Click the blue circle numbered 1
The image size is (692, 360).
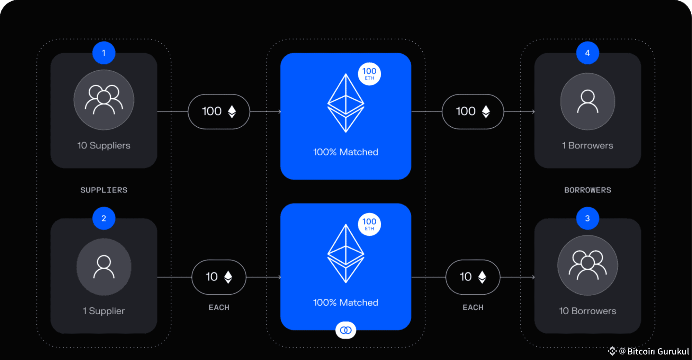(104, 53)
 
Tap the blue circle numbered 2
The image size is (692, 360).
(104, 218)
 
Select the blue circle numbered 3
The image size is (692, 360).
(587, 218)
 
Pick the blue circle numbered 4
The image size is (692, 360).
(587, 53)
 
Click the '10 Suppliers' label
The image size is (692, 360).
(104, 145)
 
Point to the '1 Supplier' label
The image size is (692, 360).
(104, 311)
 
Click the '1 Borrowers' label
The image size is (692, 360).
(587, 145)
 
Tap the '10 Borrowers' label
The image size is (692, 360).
(587, 311)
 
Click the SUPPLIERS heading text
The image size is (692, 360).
(104, 190)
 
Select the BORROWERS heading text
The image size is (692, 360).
(587, 190)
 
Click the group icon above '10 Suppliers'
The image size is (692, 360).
(104, 100)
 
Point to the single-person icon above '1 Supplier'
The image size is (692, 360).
(104, 267)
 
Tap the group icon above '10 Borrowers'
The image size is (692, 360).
(587, 265)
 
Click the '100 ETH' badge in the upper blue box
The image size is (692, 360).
(369, 74)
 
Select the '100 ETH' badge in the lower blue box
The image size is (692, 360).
(369, 224)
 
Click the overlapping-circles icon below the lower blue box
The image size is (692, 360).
(346, 330)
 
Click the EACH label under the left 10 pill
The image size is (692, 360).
(219, 307)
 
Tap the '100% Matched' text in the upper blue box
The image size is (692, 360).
(345, 152)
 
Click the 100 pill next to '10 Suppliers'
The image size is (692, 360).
(219, 111)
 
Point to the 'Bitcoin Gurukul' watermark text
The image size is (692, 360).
(658, 351)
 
